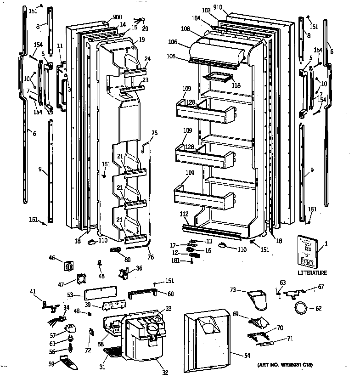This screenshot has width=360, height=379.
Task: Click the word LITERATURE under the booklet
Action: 312,273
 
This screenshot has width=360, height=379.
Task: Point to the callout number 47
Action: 60,285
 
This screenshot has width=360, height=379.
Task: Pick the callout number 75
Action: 154,133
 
